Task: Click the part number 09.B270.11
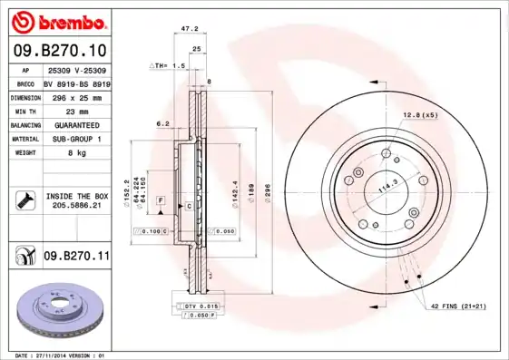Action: click(76, 257)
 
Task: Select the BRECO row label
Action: click(26, 82)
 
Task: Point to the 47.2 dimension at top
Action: click(190, 29)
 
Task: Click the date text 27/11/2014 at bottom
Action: click(58, 355)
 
